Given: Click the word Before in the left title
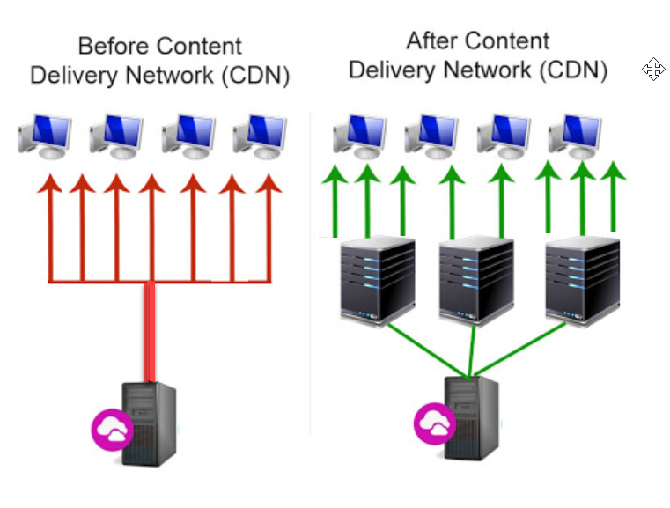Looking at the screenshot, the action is pos(112,46).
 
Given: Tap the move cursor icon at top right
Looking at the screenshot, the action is pos(653,69).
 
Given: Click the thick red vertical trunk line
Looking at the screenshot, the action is pos(149,332).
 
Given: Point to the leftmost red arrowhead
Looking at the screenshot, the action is pos(50,184).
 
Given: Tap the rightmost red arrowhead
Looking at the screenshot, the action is pos(269,184).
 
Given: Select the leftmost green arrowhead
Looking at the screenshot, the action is pos(335,174).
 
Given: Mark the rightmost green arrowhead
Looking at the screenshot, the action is pos(613,171).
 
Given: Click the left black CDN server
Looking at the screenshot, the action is pos(378,280).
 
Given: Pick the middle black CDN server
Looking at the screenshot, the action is pos(476,280).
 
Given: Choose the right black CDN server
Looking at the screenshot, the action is pos(583,280).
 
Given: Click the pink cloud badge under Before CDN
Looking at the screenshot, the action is pos(113,430).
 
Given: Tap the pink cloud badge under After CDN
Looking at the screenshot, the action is pos(435,423).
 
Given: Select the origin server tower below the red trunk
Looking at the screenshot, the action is pos(149,423).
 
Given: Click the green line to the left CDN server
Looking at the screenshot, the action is pos(428,350).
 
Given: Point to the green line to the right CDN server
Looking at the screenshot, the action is pos(520,349).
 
